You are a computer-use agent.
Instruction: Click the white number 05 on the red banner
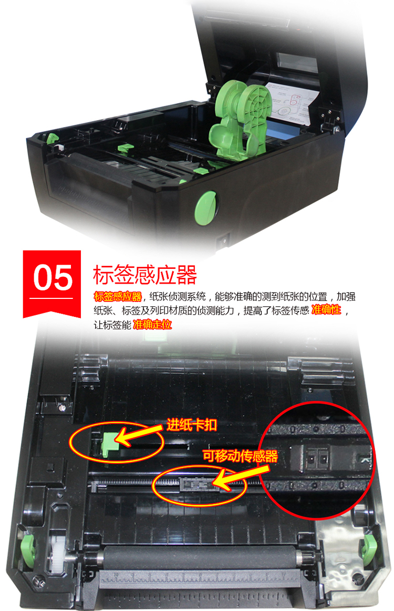coord(53,277)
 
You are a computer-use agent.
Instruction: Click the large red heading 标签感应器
coord(144,275)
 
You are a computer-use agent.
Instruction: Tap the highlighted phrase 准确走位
coord(152,324)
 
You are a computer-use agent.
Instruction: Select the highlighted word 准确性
coord(326,310)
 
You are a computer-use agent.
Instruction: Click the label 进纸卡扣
coord(192,425)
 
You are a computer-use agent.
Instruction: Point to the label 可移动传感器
coord(241,456)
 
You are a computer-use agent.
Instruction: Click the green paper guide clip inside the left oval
coord(109,444)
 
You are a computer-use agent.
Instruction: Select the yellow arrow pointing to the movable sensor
coord(241,476)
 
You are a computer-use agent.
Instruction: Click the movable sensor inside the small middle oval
coord(197,484)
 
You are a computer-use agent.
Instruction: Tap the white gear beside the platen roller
coord(55,553)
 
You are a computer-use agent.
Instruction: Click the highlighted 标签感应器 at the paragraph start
coord(118,296)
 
